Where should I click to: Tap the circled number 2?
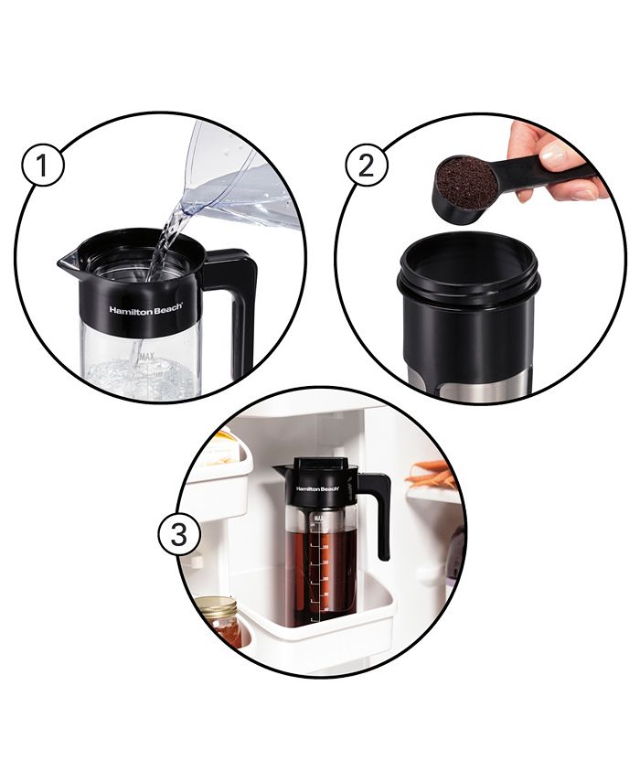coord(366,168)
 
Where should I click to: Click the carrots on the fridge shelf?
coord(433,475)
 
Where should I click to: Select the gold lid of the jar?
coord(216,606)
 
